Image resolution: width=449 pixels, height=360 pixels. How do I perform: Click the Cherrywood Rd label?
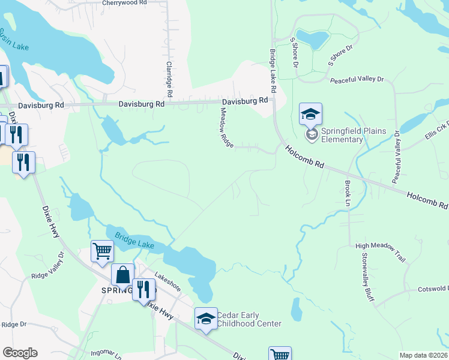tap(124, 3)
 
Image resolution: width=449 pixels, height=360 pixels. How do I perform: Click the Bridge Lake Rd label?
tap(273, 71)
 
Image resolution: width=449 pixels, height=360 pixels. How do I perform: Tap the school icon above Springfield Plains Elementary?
tap(310, 113)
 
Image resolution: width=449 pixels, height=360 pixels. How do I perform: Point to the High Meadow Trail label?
tap(381, 245)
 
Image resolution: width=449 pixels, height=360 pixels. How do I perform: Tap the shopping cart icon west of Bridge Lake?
tap(102, 250)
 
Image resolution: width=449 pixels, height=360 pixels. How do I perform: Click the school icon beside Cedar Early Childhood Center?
tap(206, 318)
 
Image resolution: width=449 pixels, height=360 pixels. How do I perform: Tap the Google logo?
tap(20, 353)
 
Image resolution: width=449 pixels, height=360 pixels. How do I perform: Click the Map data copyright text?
tap(423, 355)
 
